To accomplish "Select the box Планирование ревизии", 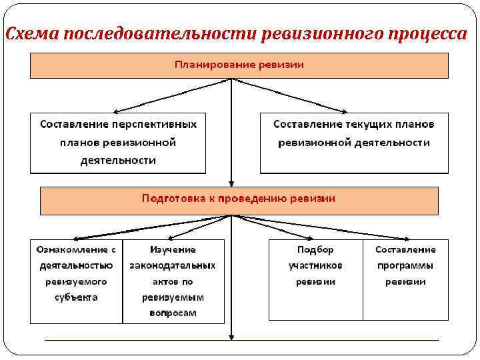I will coord(239,65).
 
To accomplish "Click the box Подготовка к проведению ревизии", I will coord(239,199).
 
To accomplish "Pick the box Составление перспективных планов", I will coord(118,143).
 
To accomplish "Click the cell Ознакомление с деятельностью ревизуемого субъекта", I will coord(76,281).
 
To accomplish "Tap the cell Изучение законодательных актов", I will coord(173,281).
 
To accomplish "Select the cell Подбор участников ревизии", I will coord(315,281).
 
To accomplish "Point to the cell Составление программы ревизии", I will coord(405,281).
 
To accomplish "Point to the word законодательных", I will coord(173,265).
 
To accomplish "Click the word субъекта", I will coord(76,297).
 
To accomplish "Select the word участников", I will coord(315,265).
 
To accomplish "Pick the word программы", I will coord(405,265).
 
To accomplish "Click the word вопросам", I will coord(173,313).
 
